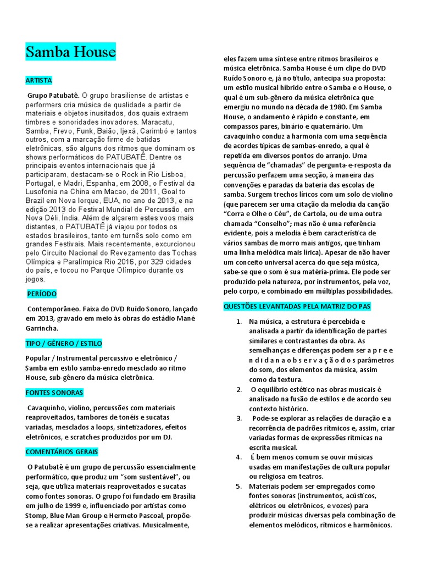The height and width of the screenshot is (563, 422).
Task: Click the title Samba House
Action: [70, 52]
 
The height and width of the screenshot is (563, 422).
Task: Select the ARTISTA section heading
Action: [38, 80]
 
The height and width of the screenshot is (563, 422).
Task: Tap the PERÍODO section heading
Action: [42, 294]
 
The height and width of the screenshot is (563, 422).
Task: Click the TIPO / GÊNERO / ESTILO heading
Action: [64, 343]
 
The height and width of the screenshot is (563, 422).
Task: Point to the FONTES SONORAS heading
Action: [54, 393]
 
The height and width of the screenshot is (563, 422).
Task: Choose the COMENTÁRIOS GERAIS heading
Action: [62, 452]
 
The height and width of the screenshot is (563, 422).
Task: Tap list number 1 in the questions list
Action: [238, 321]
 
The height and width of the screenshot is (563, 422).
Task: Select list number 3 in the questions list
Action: [239, 418]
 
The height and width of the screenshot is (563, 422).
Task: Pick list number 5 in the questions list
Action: [238, 486]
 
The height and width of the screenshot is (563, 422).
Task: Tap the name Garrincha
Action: [42, 328]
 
